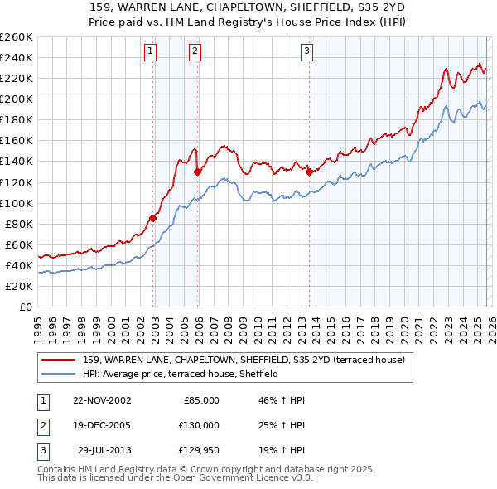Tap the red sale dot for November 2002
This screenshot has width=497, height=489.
(153, 218)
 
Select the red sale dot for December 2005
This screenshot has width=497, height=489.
(197, 172)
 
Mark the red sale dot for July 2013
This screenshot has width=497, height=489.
(309, 172)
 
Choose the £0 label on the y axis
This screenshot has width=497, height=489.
(25, 307)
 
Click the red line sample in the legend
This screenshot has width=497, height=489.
(59, 360)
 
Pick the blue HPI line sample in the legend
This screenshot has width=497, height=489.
(59, 374)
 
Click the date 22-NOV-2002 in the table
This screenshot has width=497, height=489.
(102, 400)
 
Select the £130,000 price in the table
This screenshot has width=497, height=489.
(200, 425)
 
